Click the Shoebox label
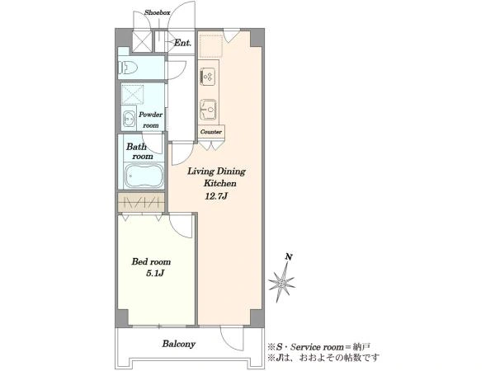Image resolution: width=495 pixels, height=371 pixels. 158,13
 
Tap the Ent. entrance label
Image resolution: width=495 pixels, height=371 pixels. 182,43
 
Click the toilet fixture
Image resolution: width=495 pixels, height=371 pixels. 128,68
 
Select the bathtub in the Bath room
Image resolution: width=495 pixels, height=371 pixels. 144,176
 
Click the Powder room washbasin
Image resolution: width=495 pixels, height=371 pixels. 129,119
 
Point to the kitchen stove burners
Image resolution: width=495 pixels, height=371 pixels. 207,76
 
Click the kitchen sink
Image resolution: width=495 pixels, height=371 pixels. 209,110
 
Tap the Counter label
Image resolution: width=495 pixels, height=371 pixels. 211,132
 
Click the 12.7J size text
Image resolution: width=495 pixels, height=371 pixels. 216,196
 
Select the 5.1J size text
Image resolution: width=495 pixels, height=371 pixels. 154,273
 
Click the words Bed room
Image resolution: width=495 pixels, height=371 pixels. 151,261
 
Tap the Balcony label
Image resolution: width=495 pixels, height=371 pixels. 179,344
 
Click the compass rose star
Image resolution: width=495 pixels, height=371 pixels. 281,282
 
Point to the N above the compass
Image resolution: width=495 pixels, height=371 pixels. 288,256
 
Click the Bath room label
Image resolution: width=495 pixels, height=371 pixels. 139,152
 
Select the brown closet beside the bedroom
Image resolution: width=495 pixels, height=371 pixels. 141,202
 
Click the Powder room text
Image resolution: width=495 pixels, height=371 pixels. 151,120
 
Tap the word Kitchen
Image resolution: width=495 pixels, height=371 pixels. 219,183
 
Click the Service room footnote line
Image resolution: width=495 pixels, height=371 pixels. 318,347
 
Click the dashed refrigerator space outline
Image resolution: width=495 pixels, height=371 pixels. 211,45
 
